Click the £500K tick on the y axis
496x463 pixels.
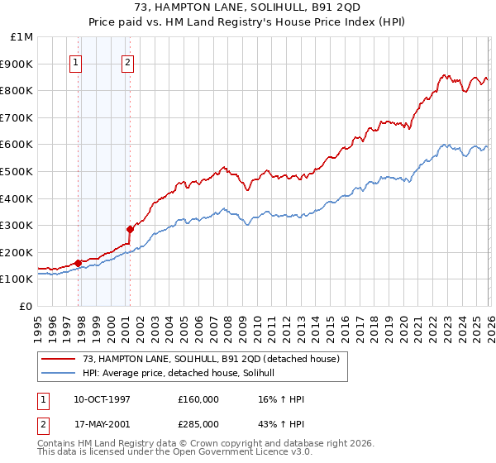(x=18, y=171)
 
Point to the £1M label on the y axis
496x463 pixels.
(x=22, y=37)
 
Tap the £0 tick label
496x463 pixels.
(x=26, y=306)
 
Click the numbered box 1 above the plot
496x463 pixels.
(x=76, y=60)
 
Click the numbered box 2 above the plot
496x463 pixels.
(x=128, y=60)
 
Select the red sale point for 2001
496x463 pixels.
(x=130, y=229)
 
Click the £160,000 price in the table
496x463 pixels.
(x=198, y=399)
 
